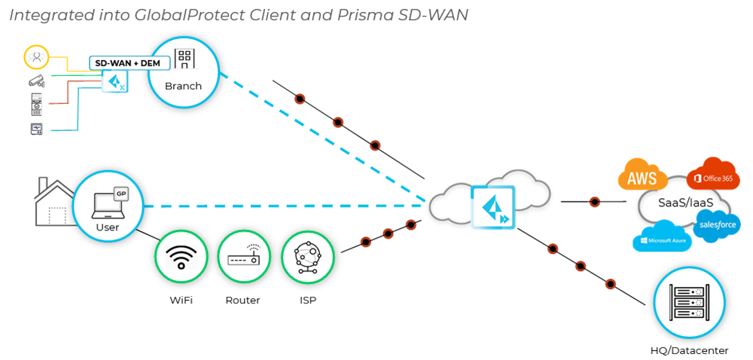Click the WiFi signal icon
tap(181, 258)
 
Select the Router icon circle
tap(243, 258)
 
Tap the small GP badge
tap(120, 193)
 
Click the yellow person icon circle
tap(35, 56)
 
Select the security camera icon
tap(36, 80)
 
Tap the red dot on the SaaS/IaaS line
tap(595, 202)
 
